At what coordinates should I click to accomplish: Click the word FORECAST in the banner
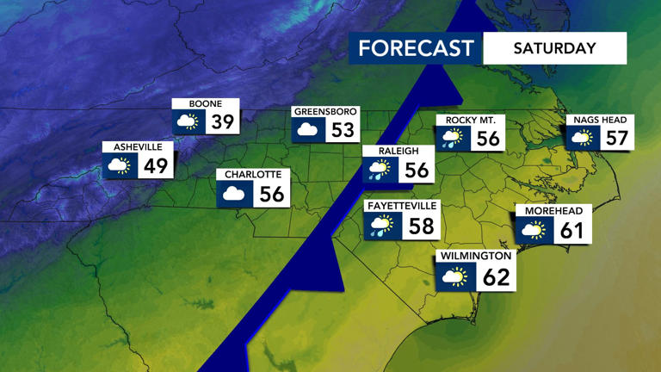[416, 48]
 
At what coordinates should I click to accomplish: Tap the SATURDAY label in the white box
[554, 48]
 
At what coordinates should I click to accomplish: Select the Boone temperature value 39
[223, 122]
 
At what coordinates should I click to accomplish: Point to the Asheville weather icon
[119, 165]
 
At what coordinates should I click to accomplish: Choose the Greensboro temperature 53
[343, 131]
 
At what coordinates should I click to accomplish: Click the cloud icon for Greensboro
[307, 131]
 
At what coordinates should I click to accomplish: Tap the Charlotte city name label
[253, 175]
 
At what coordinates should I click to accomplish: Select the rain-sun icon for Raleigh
[379, 170]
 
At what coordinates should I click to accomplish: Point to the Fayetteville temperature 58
[421, 226]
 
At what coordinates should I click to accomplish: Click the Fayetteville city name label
[402, 207]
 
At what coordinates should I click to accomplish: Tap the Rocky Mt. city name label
[470, 120]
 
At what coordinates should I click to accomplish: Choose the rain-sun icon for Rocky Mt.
[452, 139]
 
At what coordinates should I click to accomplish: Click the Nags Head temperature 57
[617, 138]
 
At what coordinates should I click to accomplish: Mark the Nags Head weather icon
[583, 138]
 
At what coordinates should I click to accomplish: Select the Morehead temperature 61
[571, 230]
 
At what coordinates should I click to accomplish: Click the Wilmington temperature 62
[497, 276]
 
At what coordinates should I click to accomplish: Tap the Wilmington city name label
[476, 257]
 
